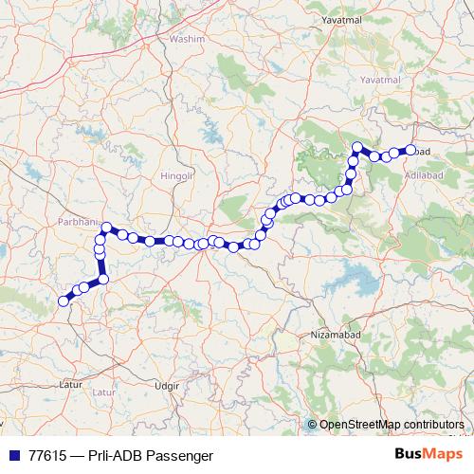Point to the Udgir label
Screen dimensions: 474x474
pos(167,388)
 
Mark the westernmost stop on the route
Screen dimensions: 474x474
pos(64,301)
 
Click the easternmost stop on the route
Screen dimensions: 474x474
pos(410,149)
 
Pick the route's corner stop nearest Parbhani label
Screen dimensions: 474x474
pos(107,228)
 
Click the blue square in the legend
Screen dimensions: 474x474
pos(11,455)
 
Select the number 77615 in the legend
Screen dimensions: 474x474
pos(47,455)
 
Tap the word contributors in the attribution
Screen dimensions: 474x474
pos(434,425)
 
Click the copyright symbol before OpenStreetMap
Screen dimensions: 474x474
pos(312,425)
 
